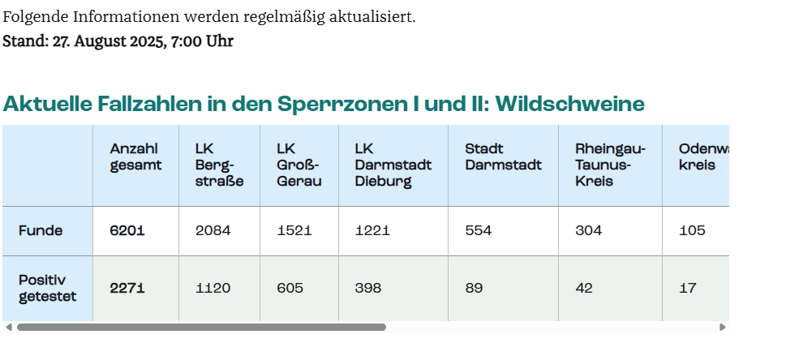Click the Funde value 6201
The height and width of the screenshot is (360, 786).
pyautogui.click(x=127, y=230)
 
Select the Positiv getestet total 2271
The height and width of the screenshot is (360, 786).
pyautogui.click(x=127, y=288)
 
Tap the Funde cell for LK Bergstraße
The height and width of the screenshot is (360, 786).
pyautogui.click(x=213, y=230)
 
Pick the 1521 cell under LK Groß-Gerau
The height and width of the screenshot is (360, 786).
pyautogui.click(x=294, y=230)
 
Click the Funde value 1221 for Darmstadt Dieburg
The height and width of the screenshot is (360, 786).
pyautogui.click(x=372, y=230)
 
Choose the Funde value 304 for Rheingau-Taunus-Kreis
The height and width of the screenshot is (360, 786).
pyautogui.click(x=589, y=230)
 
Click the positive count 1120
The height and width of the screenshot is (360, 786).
pyautogui.click(x=213, y=288)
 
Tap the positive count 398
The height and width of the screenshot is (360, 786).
pyautogui.click(x=368, y=288)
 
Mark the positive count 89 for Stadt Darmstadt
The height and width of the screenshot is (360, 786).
pyautogui.click(x=474, y=288)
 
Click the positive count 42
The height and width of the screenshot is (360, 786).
pyautogui.click(x=584, y=288)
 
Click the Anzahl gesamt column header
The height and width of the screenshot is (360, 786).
pyautogui.click(x=135, y=156)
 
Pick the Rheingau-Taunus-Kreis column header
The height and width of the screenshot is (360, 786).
pyautogui.click(x=610, y=165)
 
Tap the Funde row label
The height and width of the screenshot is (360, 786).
pyautogui.click(x=41, y=230)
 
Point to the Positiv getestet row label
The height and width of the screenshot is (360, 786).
pyautogui.click(x=48, y=288)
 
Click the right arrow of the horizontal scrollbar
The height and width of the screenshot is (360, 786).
pyautogui.click(x=723, y=328)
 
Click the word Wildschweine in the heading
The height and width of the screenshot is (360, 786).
pyautogui.click(x=570, y=104)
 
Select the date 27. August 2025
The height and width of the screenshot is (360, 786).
pyautogui.click(x=114, y=41)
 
